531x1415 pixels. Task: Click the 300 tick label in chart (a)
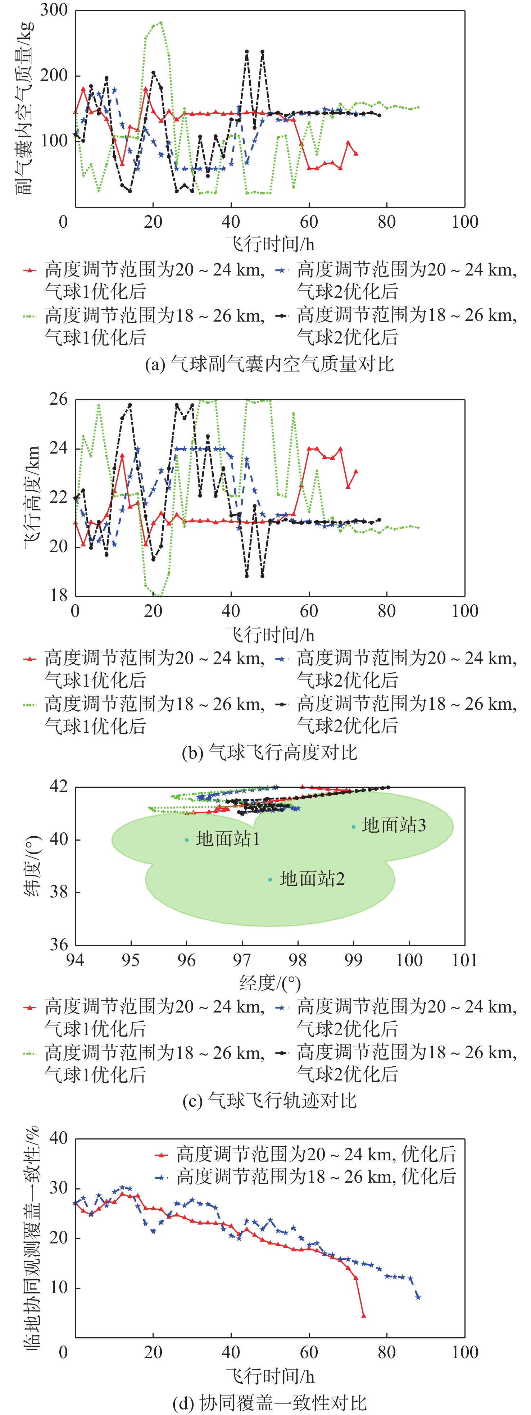point(54,10)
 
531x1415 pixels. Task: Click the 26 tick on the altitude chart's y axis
point(58,399)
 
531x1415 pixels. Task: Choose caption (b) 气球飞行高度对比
point(269,752)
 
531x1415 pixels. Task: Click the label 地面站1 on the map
point(228,839)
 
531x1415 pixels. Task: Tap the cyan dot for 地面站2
point(270,879)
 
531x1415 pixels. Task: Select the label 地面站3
point(394,825)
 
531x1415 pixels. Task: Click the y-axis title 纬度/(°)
point(32,866)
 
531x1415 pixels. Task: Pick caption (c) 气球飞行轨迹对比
point(269,1100)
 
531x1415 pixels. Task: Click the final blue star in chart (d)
point(418,1297)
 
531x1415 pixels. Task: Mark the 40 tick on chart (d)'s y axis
point(58,1138)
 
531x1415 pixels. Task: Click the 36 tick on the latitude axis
point(58,944)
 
